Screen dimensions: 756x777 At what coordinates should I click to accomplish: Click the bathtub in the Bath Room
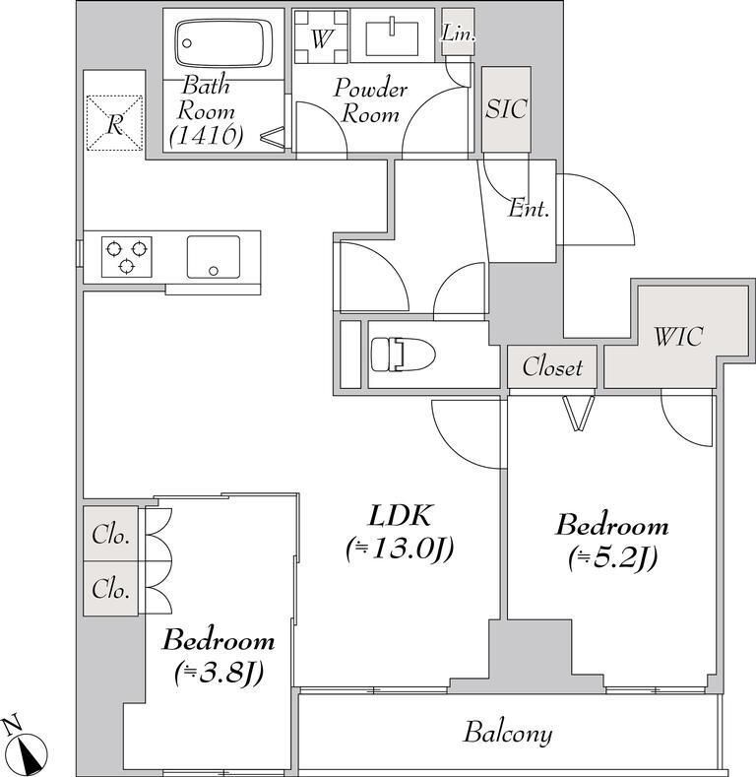223,43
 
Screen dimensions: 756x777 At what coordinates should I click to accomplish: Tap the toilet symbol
403,354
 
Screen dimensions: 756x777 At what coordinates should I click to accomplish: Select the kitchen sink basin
214,257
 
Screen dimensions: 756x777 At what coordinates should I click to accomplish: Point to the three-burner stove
126,257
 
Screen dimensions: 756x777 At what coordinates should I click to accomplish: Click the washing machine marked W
321,37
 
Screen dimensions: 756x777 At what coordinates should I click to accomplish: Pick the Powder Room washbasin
392,37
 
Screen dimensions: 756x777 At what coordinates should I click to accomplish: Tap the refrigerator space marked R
115,123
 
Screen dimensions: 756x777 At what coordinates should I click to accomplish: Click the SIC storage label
506,108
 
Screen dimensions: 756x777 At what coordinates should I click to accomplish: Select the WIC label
677,337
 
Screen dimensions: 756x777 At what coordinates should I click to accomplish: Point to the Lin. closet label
459,33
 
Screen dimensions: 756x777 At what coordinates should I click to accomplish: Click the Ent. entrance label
529,209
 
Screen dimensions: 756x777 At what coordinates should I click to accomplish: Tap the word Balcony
508,733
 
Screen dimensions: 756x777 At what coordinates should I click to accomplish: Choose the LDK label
401,515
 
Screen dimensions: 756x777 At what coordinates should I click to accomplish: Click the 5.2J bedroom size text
613,558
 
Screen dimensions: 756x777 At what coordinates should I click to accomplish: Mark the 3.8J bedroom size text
219,673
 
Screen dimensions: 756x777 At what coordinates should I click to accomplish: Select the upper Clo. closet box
111,534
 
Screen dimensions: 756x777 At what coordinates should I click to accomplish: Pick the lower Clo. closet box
111,589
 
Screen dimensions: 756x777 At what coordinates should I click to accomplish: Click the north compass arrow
31,751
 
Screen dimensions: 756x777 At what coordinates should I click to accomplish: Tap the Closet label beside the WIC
552,367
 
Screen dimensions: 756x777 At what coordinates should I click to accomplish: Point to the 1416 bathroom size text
206,135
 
